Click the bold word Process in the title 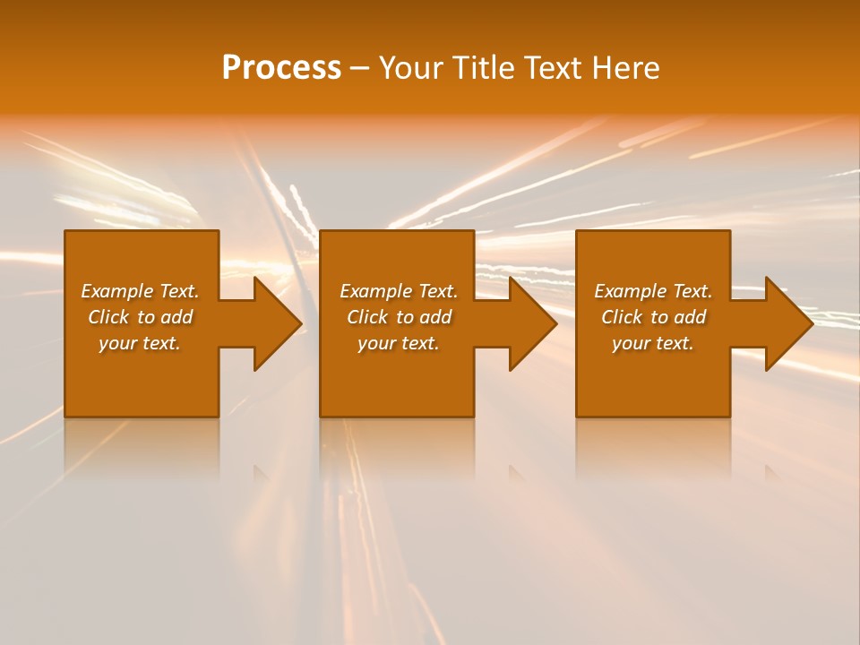(281, 68)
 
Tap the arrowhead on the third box (787, 323)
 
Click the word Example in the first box (117, 291)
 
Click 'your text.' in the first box (140, 343)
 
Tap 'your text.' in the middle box (399, 343)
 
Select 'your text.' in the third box (653, 343)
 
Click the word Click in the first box (108, 317)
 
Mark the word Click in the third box (622, 317)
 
